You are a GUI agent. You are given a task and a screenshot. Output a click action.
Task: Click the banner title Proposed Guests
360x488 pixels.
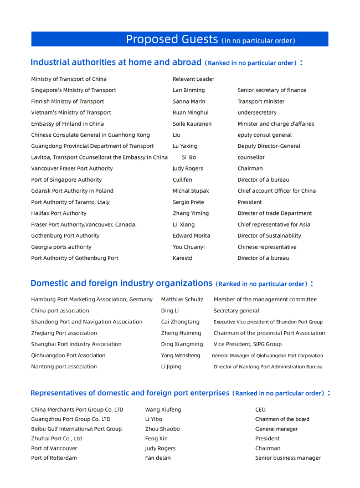172,39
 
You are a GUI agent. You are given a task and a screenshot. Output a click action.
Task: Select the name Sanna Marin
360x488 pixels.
189,101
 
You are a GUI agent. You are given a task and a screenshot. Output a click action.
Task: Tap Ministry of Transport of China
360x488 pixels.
69,79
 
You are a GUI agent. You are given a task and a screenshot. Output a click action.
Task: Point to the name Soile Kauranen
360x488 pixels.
192,124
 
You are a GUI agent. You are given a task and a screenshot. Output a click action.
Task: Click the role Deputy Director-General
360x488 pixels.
269,146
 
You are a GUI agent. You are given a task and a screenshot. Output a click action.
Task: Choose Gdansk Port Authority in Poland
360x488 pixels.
72,191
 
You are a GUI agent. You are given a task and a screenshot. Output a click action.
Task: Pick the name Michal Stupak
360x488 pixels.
191,191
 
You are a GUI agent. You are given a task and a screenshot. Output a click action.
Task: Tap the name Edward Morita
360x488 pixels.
191,236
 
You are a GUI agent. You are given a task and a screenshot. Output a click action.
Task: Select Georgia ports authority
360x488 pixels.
61,247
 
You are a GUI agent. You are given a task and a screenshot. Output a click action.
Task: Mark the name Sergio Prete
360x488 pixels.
188,202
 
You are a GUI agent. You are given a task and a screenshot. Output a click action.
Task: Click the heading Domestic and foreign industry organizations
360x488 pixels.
121,283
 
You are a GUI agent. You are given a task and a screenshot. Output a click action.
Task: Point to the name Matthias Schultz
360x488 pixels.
182,300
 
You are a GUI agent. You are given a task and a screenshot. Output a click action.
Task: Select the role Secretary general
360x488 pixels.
236,311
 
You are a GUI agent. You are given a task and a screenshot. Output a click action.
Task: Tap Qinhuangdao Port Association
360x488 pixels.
68,356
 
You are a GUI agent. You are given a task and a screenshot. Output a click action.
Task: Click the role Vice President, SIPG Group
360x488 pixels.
248,345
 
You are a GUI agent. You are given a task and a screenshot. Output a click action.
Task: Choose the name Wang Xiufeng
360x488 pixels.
163,410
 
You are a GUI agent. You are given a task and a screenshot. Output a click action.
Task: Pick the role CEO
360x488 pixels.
260,410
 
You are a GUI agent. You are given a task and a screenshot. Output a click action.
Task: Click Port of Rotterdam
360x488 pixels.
54,458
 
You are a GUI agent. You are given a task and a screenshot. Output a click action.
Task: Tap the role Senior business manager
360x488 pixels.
288,458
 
